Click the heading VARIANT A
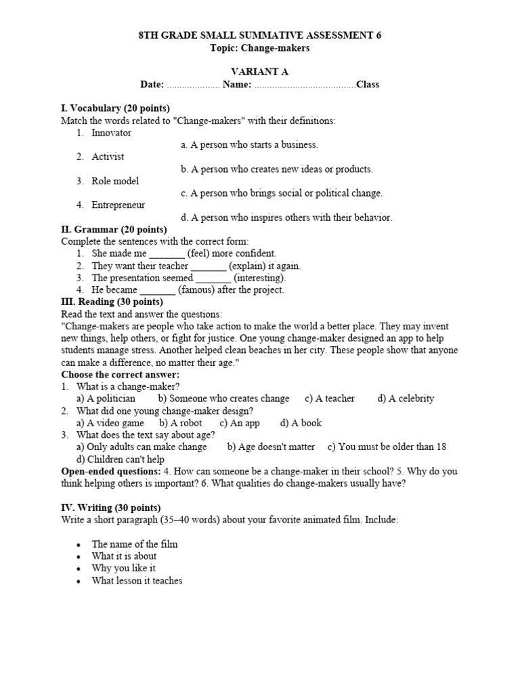coord(260,72)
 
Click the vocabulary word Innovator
coord(111,133)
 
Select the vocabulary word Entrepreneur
coord(118,205)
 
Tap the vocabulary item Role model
coord(115,181)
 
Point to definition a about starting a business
coord(249,145)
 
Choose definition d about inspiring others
coord(286,218)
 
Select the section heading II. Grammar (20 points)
coord(114,230)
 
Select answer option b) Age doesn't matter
coord(271,447)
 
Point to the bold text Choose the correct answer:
coord(121,374)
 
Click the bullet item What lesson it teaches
coord(137,581)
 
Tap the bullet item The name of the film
coord(135,544)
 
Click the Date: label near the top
coord(152,85)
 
